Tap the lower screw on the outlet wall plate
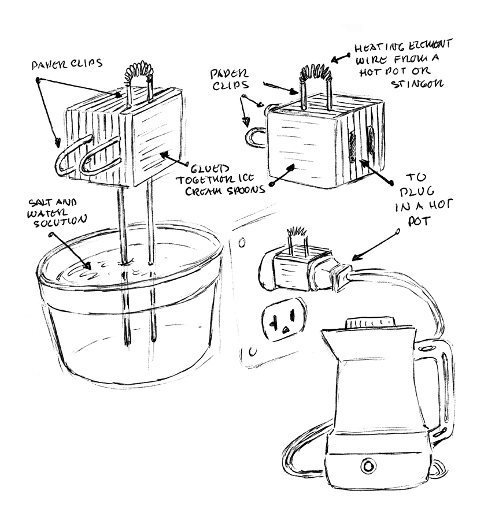click(252, 351)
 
